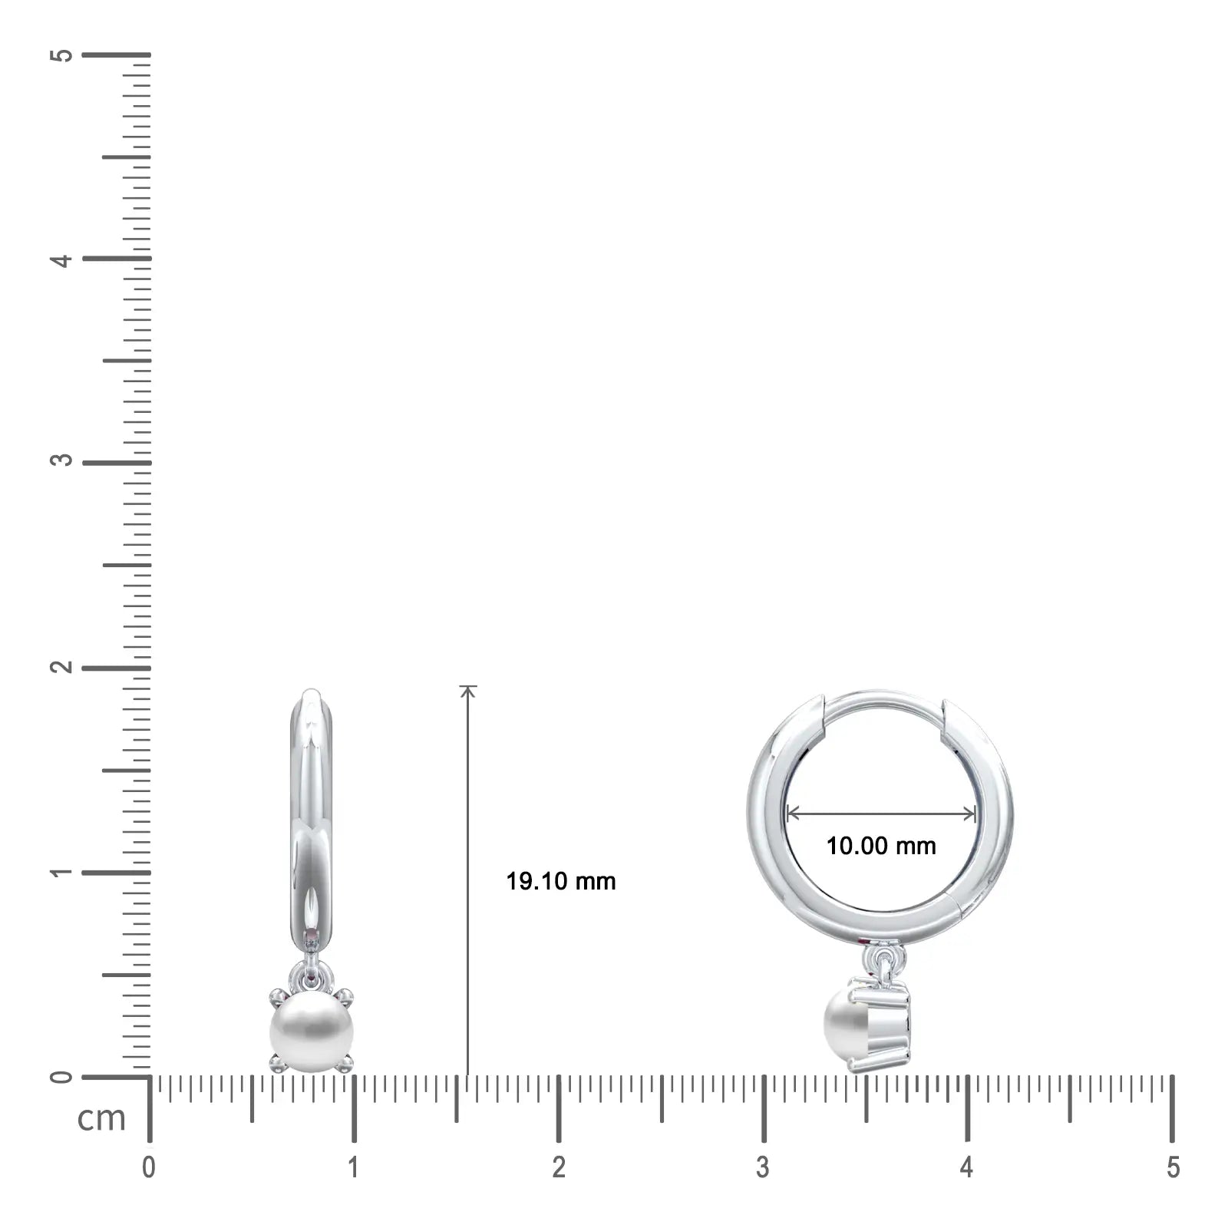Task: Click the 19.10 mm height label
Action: [561, 881]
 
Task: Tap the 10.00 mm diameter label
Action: [881, 846]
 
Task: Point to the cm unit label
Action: [101, 1118]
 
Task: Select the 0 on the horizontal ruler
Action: [149, 1167]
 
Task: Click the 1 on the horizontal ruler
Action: [353, 1167]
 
